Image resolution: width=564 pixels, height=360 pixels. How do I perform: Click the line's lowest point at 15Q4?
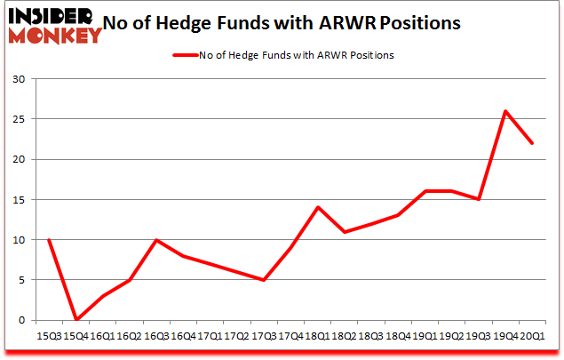click(76, 319)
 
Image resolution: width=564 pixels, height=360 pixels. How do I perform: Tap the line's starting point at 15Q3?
click(49, 240)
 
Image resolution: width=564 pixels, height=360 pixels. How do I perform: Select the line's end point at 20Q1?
click(532, 143)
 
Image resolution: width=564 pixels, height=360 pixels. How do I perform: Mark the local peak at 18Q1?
click(318, 207)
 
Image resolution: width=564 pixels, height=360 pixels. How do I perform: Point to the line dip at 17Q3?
click(264, 280)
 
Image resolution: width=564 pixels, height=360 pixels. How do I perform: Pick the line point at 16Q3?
click(156, 240)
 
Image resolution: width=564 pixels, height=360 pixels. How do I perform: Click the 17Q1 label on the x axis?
click(210, 338)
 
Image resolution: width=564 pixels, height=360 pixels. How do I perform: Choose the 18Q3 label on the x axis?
click(371, 338)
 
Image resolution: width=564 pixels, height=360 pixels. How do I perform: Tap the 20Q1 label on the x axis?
click(532, 338)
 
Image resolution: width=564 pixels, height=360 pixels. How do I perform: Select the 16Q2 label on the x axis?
click(130, 338)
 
